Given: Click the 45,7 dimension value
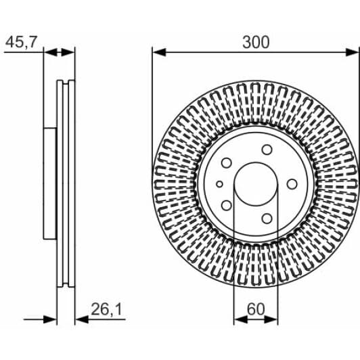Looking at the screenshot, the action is coord(21,42).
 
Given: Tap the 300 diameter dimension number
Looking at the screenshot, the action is coord(256,42).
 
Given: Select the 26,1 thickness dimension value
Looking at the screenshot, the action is coord(106,309).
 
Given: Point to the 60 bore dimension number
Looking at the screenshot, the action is coord(256,309).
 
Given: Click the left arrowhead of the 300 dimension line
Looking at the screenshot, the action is coord(159,52).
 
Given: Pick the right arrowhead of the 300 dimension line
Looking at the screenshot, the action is coord(352,52).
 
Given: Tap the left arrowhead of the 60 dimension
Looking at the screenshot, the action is coord(241,319).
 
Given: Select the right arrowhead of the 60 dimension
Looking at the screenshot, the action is coord(271,319).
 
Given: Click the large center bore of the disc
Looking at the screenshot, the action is coord(256,184).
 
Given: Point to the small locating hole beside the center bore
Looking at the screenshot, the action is coord(220,184).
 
